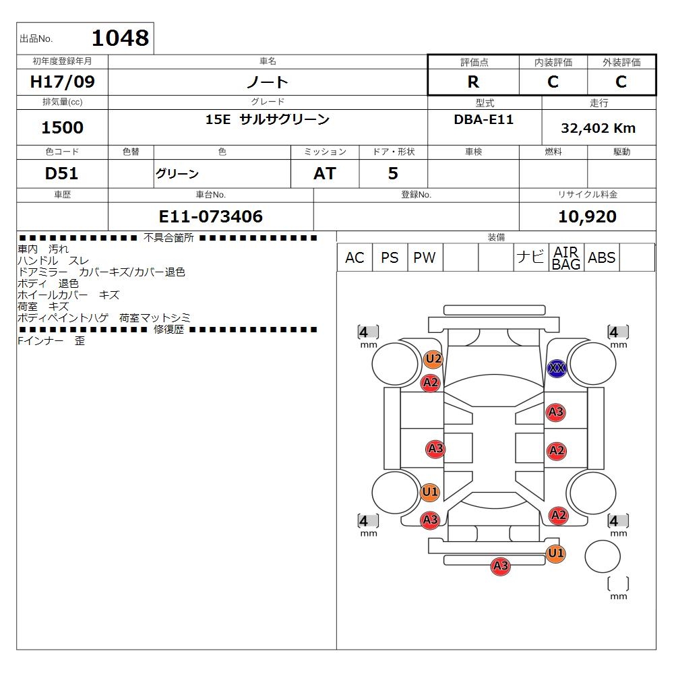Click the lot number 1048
119,38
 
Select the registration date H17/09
63,82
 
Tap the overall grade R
473,82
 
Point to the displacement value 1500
63,127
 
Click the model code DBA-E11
484,120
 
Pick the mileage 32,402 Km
598,128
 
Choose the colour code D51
62,174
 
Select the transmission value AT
324,174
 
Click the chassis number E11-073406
210,216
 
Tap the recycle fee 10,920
587,216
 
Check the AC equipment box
355,258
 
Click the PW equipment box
425,258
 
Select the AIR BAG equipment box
566,258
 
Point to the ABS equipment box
601,258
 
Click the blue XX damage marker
557,368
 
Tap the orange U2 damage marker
433,359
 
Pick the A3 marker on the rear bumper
500,566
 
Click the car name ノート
268,82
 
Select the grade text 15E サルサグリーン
268,120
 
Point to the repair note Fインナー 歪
51,341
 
